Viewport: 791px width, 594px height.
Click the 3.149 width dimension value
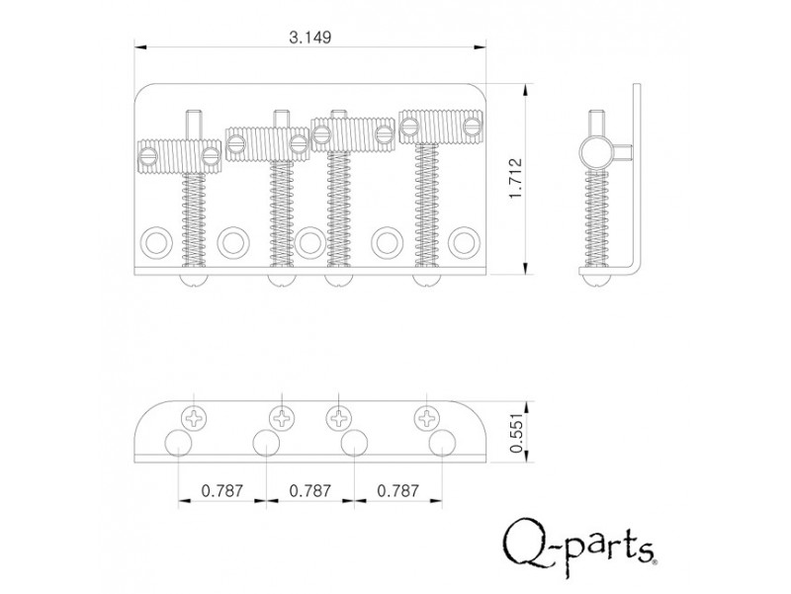(x=310, y=38)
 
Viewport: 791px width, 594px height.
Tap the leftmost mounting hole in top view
(x=154, y=240)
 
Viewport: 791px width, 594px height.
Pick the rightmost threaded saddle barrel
(x=441, y=125)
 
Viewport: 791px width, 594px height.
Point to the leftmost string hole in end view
(x=179, y=442)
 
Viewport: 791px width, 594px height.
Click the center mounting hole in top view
(x=308, y=240)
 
